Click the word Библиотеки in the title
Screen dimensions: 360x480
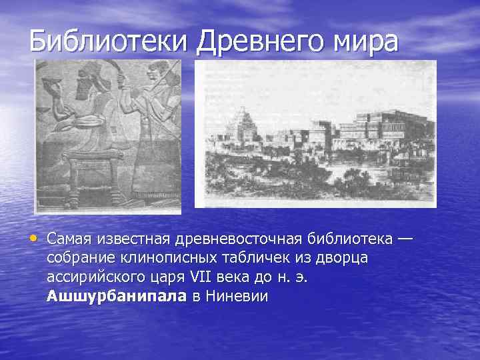(110, 41)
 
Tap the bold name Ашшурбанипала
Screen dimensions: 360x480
(117, 297)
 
